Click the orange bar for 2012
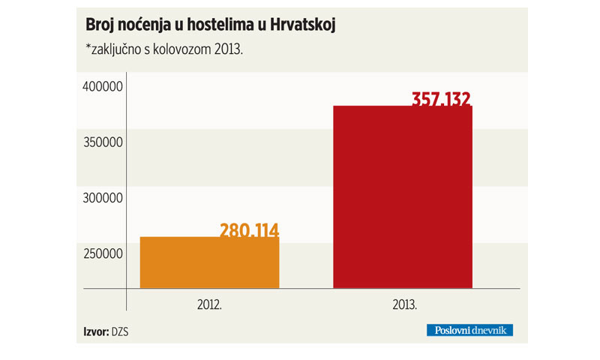click(x=209, y=262)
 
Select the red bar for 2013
click(x=403, y=196)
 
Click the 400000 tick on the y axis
click(x=101, y=88)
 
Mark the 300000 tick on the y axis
click(x=101, y=199)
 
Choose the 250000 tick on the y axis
click(x=101, y=254)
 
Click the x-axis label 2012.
click(x=209, y=306)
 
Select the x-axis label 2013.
click(x=403, y=306)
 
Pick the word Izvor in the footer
click(x=95, y=330)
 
